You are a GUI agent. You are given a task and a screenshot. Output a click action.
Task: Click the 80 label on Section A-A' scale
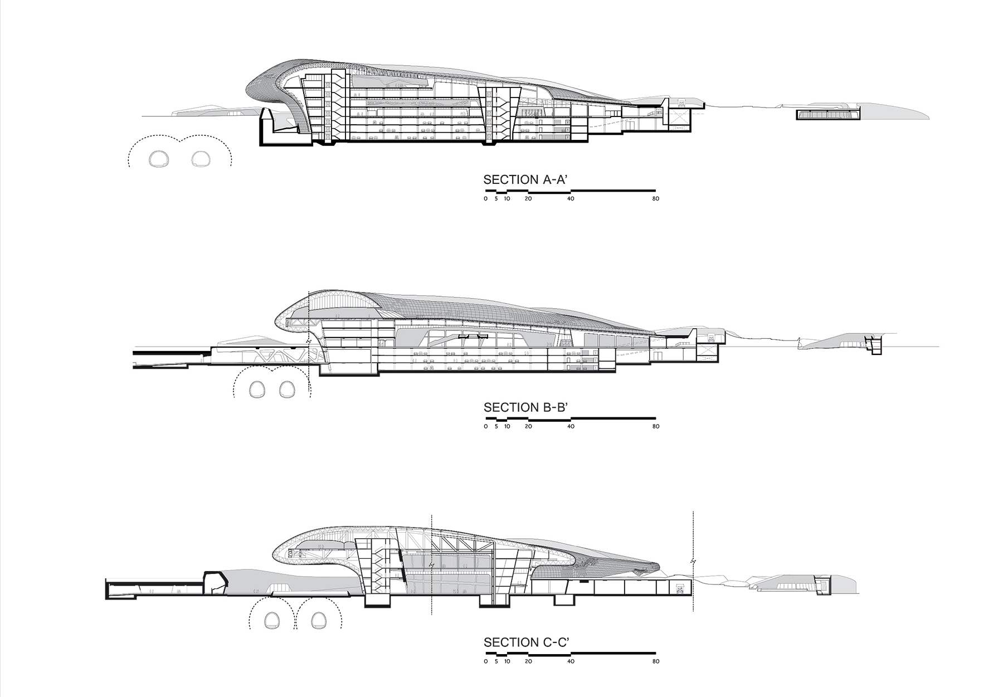coord(655,199)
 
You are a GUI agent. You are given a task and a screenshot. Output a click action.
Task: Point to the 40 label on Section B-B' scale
coord(570,427)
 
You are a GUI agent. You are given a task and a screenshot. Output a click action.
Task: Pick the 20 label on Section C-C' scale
coord(528,662)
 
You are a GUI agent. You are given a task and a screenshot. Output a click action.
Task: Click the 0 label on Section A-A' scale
coord(485,199)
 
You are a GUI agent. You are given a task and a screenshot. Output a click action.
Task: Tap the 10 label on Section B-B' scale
coord(507,427)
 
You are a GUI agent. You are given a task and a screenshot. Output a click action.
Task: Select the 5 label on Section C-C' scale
coord(496,662)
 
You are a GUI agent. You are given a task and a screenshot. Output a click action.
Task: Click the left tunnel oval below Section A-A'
coord(159,159)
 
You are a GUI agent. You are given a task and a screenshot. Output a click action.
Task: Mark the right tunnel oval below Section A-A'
coord(201,159)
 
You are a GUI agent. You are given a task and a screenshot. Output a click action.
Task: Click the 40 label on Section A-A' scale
coord(570,199)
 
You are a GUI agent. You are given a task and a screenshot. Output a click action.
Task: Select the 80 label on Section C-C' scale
coord(655,662)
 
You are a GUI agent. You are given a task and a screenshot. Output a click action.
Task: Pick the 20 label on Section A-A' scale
coord(528,199)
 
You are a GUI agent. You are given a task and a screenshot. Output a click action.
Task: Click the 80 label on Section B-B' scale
coord(655,427)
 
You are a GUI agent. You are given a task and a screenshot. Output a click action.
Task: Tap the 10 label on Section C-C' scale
coord(507,662)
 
